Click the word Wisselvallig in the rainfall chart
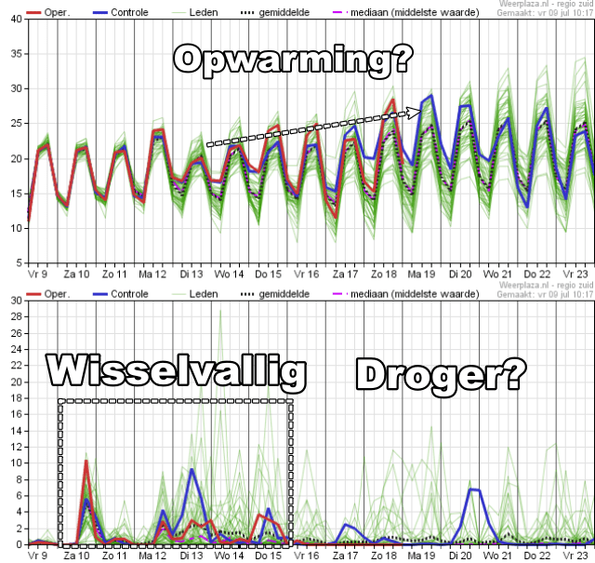tap(177, 373)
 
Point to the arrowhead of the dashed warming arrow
tap(416, 113)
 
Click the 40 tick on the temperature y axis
tap(17, 20)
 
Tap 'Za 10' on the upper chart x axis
tap(76, 275)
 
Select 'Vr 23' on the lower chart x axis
tap(575, 556)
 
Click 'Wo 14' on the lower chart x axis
tap(230, 556)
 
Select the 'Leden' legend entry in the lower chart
tap(204, 293)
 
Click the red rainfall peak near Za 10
tap(86, 461)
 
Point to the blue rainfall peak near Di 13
tap(192, 469)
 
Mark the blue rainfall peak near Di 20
tap(473, 489)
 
